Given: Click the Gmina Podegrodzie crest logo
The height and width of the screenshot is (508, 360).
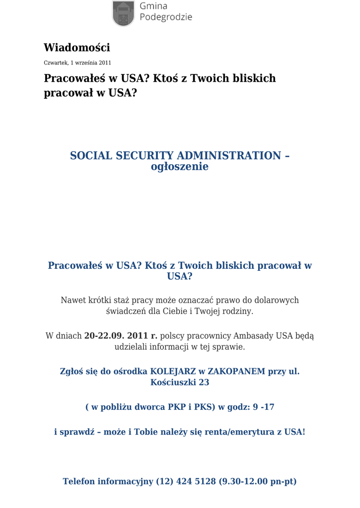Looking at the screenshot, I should [123, 13].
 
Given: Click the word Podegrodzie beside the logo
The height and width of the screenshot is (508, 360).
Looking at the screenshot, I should [166, 17].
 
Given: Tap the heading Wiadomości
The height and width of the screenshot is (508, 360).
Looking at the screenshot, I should [77, 48].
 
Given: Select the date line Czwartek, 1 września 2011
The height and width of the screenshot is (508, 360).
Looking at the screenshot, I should [77, 63].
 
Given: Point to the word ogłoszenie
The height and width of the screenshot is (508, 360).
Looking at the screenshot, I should [180, 167].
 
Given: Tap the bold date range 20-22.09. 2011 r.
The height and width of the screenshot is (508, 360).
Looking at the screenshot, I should [121, 336].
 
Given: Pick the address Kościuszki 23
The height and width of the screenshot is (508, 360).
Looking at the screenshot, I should [180, 382].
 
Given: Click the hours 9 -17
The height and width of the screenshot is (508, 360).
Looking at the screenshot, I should [264, 407].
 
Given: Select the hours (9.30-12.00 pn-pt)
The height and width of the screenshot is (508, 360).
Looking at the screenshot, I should [258, 481].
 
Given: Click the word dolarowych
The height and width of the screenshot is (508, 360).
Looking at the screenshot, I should [277, 300].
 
